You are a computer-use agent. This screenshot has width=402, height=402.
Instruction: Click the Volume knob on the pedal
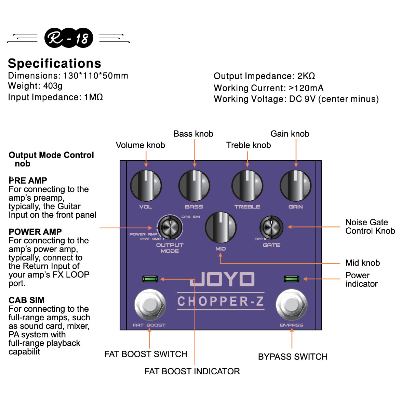[x=146, y=186]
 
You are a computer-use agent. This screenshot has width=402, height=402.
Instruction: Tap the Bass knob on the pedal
[x=194, y=186]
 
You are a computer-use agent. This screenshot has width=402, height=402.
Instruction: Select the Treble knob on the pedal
[x=247, y=186]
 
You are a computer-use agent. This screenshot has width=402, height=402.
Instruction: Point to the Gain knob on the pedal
[x=296, y=186]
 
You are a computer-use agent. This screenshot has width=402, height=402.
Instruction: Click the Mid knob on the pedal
[x=220, y=227]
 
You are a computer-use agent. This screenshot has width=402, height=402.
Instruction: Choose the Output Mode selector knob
[x=170, y=227]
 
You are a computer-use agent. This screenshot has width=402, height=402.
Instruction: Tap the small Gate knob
[x=271, y=227]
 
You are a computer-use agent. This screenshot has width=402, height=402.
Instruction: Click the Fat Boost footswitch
[x=150, y=305]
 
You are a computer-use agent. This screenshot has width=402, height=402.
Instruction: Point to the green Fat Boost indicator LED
[x=150, y=279]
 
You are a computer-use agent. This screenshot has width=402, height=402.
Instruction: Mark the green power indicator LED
[x=292, y=279]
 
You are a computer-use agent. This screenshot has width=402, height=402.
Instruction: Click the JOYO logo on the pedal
[x=222, y=279]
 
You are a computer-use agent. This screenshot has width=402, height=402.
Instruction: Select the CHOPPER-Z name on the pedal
[x=220, y=301]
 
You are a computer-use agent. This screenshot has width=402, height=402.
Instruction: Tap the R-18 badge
[x=68, y=38]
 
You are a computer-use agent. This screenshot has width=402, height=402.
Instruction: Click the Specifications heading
[x=55, y=63]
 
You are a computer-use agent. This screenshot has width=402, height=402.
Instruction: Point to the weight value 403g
[x=53, y=86]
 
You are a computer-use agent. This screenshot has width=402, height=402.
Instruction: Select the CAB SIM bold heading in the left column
[x=27, y=300]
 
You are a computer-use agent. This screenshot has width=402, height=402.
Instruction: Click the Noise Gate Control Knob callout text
[x=370, y=227]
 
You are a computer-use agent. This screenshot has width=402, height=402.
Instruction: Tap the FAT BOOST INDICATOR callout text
[x=192, y=371]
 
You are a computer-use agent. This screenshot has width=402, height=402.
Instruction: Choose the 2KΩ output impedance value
[x=306, y=76]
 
